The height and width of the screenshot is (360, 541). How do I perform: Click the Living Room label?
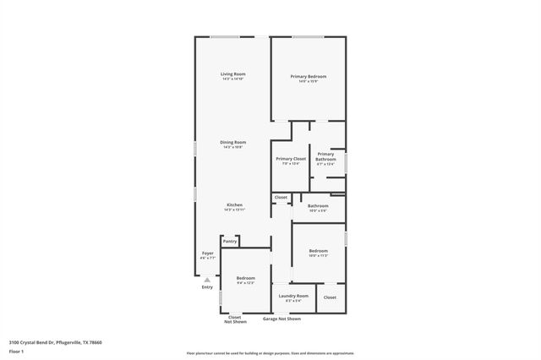click(x=232, y=74)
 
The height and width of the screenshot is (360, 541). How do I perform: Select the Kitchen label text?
click(x=234, y=205)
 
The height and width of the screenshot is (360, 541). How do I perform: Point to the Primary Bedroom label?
click(x=308, y=77)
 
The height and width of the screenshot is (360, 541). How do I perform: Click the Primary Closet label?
click(x=290, y=159)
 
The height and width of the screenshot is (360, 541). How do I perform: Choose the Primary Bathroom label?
click(x=325, y=156)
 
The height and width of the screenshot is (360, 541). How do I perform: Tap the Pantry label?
click(x=230, y=242)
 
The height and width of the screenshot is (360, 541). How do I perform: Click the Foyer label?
click(x=207, y=254)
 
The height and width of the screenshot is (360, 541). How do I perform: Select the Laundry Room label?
click(x=293, y=296)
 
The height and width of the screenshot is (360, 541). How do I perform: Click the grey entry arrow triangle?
click(x=207, y=280)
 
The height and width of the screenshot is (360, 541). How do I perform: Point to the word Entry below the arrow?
click(x=207, y=288)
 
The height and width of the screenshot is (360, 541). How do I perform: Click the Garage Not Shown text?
click(x=281, y=319)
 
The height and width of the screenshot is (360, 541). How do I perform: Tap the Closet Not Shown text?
click(x=235, y=319)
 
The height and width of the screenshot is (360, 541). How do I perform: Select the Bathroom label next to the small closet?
click(x=318, y=205)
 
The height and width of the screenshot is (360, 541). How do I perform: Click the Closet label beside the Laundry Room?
click(x=330, y=297)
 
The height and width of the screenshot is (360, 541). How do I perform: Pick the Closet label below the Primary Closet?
click(x=281, y=198)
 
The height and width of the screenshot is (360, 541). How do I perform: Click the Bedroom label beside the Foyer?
click(x=245, y=279)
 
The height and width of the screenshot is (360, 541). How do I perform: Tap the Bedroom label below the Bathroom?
click(x=318, y=251)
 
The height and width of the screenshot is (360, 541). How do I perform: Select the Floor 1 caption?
click(x=17, y=352)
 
